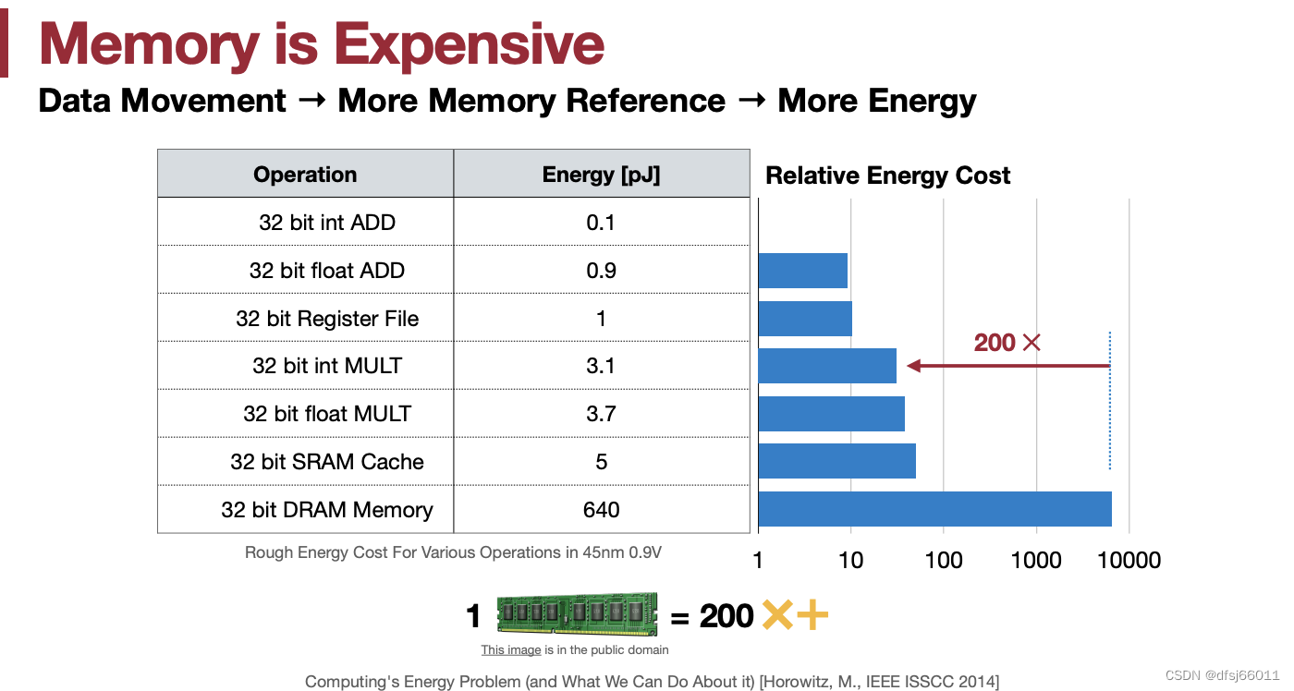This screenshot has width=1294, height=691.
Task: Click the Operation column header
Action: [x=305, y=175]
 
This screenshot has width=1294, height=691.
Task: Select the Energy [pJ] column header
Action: [x=601, y=175]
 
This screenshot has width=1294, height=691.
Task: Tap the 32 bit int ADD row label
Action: [x=327, y=223]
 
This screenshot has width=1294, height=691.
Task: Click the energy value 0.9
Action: [x=601, y=270]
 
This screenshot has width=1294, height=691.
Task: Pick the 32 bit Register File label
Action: [x=327, y=318]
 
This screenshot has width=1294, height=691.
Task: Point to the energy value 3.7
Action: [x=601, y=413]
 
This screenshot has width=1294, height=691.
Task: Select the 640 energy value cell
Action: [x=601, y=509]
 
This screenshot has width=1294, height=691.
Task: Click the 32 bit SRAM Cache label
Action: [x=327, y=461]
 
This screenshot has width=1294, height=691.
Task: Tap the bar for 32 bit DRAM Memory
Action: [x=935, y=509]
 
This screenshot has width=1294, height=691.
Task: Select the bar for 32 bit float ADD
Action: [x=803, y=270]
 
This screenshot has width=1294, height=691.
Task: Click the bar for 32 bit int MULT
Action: [x=828, y=366]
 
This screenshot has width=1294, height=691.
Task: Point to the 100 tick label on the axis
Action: [x=944, y=560]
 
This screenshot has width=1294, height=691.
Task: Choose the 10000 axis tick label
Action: [x=1129, y=560]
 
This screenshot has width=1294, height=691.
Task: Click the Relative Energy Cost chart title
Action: [x=888, y=175]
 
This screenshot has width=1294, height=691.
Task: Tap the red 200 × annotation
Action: [x=1007, y=343]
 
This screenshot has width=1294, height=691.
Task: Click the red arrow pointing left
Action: [x=1008, y=366]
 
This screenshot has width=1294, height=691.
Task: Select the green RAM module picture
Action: [x=577, y=613]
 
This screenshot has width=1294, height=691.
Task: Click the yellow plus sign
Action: [x=812, y=615]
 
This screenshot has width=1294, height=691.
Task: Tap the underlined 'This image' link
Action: [x=511, y=649]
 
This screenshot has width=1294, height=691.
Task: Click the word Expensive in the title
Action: [x=470, y=45]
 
